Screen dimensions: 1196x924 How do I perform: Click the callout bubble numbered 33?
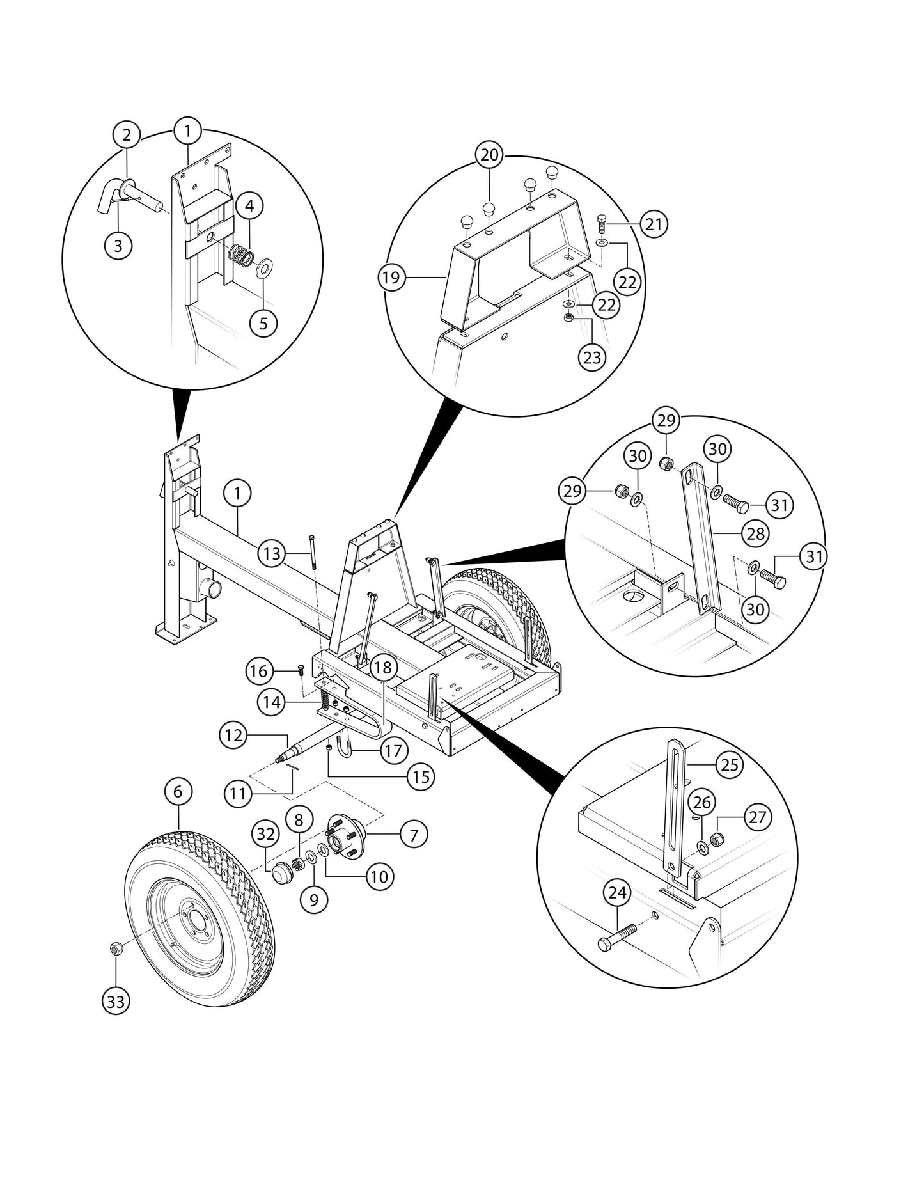click(x=116, y=1002)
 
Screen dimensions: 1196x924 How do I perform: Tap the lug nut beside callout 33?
click(x=116, y=948)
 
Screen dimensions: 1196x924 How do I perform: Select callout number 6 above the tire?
click(x=178, y=792)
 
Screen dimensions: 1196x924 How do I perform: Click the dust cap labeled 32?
click(x=281, y=872)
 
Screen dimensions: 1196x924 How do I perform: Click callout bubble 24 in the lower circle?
click(x=617, y=892)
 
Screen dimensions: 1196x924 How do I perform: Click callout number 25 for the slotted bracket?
click(x=730, y=764)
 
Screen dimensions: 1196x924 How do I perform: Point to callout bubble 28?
click(x=756, y=533)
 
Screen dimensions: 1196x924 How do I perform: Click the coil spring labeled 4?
click(x=241, y=256)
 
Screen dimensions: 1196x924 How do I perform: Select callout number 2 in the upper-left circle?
click(x=127, y=134)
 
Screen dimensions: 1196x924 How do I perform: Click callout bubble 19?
click(x=391, y=278)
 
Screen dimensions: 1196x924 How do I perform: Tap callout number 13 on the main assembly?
click(x=272, y=553)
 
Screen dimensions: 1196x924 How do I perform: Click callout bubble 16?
click(x=259, y=671)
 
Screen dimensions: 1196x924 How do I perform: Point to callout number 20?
click(x=489, y=155)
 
